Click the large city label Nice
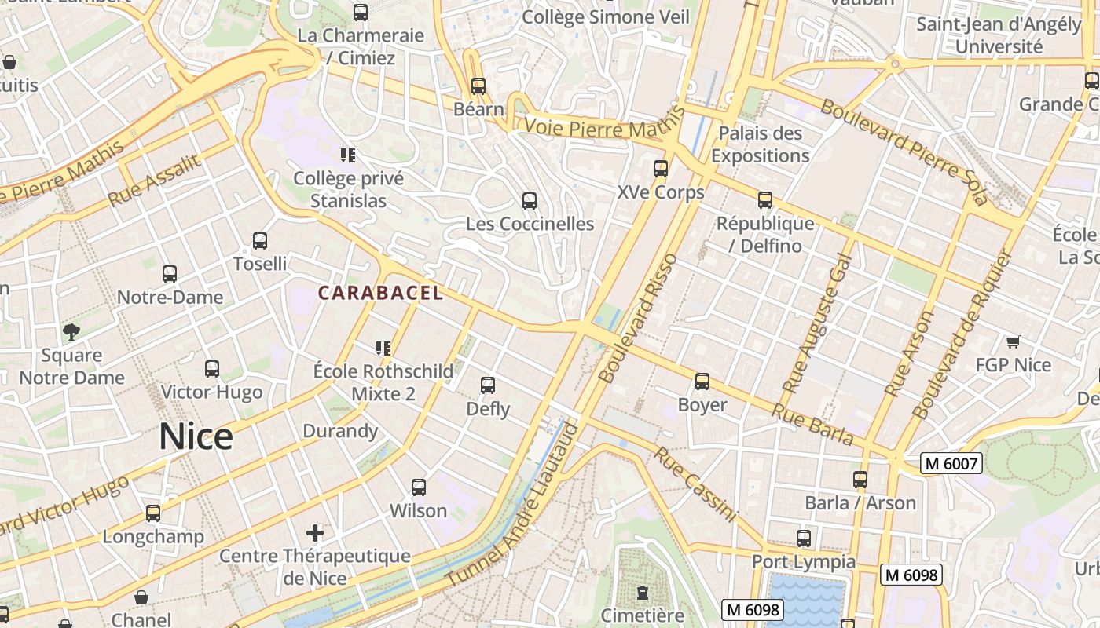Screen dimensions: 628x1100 tap(196, 436)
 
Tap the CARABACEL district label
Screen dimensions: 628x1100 tap(380, 293)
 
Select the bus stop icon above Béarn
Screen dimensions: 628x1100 tap(478, 86)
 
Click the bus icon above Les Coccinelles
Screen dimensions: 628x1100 tap(530, 201)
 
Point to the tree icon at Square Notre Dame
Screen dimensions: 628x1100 tap(71, 331)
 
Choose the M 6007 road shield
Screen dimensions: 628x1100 tap(951, 463)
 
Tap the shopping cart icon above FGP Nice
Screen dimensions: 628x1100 tap(1013, 341)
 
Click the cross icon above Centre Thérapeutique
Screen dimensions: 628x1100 tap(315, 533)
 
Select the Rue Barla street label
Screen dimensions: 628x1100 tap(812, 424)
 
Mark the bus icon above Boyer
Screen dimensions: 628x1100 tap(702, 382)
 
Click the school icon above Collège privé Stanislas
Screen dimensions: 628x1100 tap(348, 155)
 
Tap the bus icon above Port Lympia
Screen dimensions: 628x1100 tap(803, 539)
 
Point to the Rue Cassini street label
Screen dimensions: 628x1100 tap(696, 484)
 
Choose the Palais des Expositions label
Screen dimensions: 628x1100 tap(760, 144)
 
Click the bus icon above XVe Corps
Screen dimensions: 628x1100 tap(661, 169)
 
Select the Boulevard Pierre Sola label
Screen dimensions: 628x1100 tap(903, 152)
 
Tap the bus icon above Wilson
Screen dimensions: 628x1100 tap(419, 487)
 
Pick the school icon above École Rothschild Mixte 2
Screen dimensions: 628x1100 tap(383, 348)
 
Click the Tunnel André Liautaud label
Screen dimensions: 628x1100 tap(514, 505)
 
